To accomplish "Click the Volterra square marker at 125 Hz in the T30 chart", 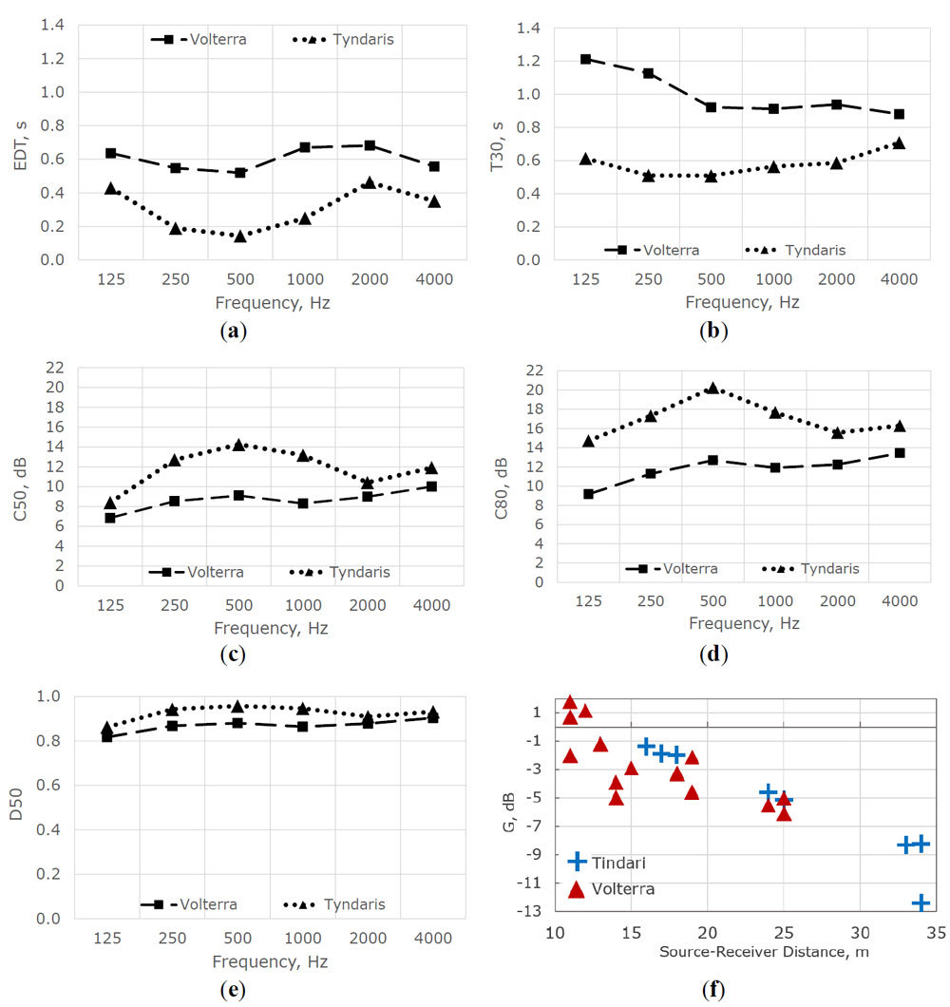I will (586, 59).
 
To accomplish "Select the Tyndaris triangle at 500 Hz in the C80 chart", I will (712, 389).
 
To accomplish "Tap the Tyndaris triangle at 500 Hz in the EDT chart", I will (240, 236).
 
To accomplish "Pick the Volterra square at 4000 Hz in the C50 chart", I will (431, 486).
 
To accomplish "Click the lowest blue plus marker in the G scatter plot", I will (921, 902).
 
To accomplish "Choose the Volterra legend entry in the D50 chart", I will (199, 904).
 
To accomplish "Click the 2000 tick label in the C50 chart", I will (369, 605).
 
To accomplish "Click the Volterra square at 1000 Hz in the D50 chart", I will (303, 727).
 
